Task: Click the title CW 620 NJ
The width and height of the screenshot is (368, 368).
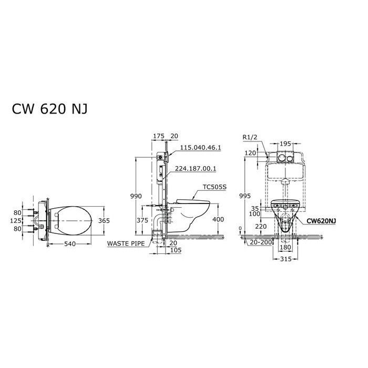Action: click(50, 109)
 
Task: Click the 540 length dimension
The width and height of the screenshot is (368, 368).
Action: click(70, 244)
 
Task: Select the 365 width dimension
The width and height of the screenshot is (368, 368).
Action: click(104, 221)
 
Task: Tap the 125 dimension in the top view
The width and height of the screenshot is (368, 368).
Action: click(16, 221)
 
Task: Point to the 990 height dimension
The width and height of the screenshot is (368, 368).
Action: click(136, 196)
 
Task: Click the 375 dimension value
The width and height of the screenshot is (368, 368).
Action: click(142, 220)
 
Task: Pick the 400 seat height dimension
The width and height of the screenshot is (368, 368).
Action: click(218, 219)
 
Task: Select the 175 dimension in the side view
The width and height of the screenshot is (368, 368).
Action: click(159, 136)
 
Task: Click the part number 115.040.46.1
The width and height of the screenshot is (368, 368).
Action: click(200, 148)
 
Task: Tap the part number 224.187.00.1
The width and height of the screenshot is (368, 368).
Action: click(196, 169)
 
